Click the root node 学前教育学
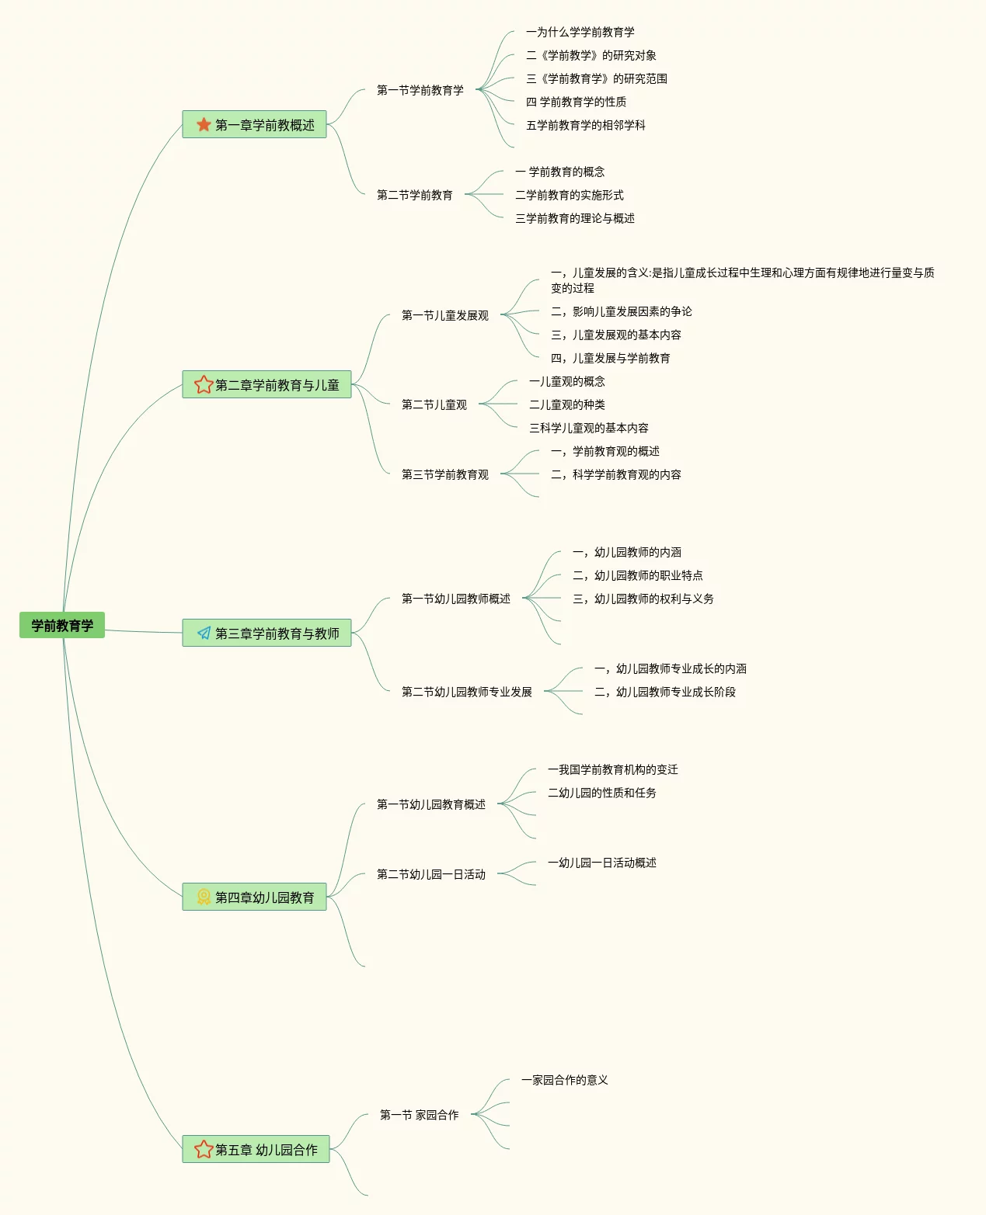point(62,625)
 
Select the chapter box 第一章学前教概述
point(254,124)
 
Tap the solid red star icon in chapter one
point(204,124)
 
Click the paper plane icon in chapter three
point(204,633)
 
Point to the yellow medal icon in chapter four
point(204,897)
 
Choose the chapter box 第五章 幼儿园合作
point(256,1149)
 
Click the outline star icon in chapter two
point(204,384)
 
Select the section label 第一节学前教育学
point(420,90)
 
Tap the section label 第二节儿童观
point(434,404)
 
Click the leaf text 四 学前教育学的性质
point(576,102)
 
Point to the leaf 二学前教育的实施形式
point(569,195)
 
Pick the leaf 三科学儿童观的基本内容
point(588,428)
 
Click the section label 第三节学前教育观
point(444,474)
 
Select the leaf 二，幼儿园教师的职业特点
point(637,575)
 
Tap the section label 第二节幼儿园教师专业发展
point(466,692)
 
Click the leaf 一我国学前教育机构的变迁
point(612,769)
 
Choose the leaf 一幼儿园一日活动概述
point(601,863)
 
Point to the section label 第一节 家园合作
point(419,1115)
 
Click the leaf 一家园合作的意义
point(564,1080)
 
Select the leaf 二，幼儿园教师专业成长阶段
point(664,692)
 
